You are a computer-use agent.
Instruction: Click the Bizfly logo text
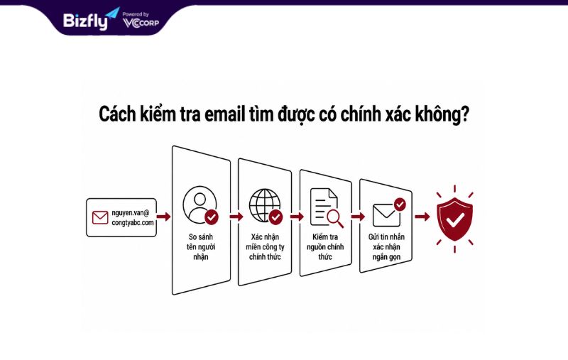tap(85, 21)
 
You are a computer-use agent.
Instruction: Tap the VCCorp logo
tap(141, 23)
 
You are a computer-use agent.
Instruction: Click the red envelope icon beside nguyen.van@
tap(100, 218)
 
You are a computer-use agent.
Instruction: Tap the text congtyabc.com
tap(133, 222)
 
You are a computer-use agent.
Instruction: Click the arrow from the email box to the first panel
tap(164, 217)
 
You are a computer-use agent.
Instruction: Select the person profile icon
tap(200, 205)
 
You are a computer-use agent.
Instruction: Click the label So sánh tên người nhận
tap(201, 246)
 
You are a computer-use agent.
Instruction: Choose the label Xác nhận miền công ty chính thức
tap(265, 246)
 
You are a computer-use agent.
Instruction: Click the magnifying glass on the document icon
tap(334, 218)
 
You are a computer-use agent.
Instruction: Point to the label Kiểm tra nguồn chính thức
tap(325, 246)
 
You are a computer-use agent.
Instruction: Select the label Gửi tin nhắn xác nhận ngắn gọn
tap(386, 246)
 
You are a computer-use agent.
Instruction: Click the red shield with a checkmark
tap(454, 219)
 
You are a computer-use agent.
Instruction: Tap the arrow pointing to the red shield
tap(422, 217)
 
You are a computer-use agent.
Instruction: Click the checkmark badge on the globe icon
tap(275, 217)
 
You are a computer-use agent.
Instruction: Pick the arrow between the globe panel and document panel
tap(297, 217)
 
